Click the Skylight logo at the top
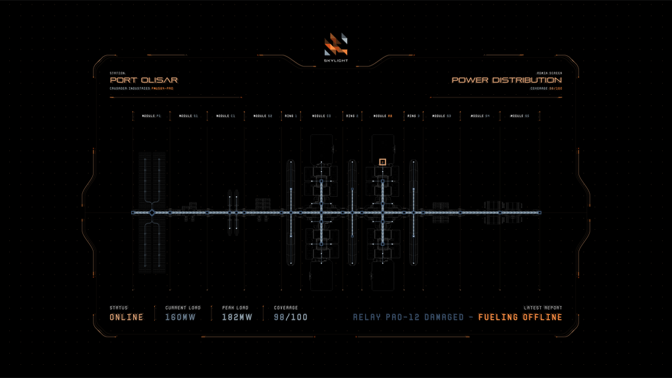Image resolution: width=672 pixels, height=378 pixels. (x=336, y=44)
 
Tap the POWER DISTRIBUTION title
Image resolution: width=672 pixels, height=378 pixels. (x=507, y=80)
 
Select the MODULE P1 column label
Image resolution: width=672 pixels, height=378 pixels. (x=152, y=116)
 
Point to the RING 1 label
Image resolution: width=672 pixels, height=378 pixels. (x=291, y=116)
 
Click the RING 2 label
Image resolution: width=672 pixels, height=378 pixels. (x=352, y=116)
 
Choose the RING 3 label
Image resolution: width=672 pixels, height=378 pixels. (x=413, y=116)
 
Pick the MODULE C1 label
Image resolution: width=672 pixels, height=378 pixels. (x=226, y=116)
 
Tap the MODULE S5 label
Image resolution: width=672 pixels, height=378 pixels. (x=520, y=116)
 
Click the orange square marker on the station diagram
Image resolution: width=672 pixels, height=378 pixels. (x=383, y=162)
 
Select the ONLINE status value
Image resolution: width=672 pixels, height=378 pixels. (x=126, y=317)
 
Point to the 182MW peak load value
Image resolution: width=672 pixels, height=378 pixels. (x=237, y=317)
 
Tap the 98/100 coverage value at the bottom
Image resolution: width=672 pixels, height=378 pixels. (x=291, y=317)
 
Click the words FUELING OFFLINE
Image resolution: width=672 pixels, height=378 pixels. (x=520, y=317)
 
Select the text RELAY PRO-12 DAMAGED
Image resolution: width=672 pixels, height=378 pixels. (x=408, y=317)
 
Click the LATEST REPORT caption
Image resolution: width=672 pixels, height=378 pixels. (x=543, y=308)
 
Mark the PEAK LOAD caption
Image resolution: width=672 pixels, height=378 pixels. (x=235, y=308)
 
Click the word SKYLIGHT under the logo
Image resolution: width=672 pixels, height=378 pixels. (x=336, y=61)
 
